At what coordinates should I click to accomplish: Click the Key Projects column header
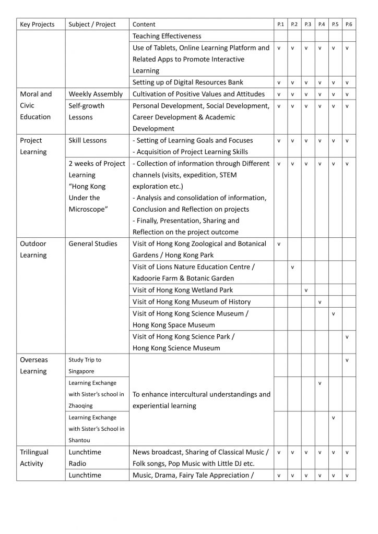[x=37, y=25]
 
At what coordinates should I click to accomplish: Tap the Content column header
[x=144, y=25]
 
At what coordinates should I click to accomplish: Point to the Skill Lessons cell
[x=88, y=140]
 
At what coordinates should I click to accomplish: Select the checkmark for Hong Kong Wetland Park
[x=306, y=290]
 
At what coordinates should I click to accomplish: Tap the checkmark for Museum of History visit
[x=320, y=302]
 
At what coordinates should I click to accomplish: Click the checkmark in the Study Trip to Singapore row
[x=347, y=360]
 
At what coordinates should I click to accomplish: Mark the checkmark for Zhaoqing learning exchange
[x=320, y=383]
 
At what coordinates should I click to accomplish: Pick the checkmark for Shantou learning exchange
[x=333, y=418]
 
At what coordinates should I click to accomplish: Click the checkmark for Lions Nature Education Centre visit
[x=292, y=267]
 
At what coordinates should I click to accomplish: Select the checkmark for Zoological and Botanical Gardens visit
[x=279, y=244]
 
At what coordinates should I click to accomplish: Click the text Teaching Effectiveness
[x=167, y=37]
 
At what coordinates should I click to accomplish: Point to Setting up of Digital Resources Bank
[x=187, y=82]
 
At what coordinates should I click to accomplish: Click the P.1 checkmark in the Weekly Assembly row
[x=279, y=94]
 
